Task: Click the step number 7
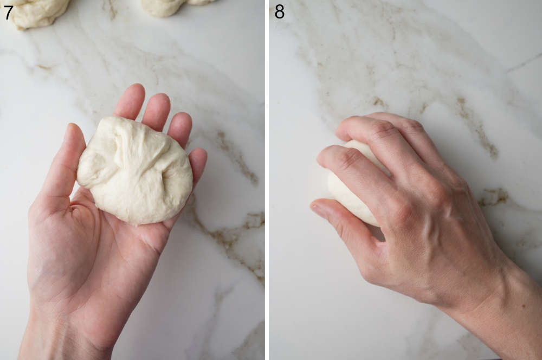point(8,12)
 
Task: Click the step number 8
point(279,11)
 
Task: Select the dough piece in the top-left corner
point(38,12)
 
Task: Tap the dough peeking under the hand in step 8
point(347,190)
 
